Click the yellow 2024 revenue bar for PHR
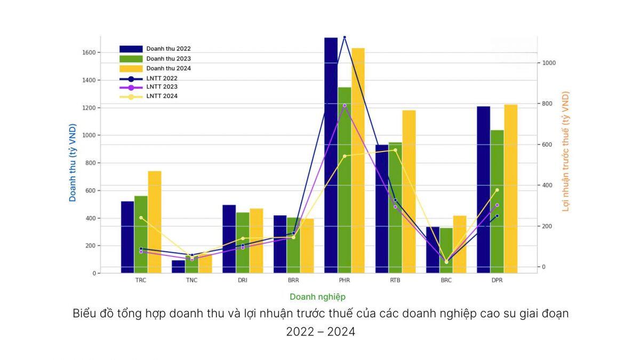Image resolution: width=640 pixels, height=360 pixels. [x=358, y=160]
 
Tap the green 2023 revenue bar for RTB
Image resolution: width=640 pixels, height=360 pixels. [x=395, y=208]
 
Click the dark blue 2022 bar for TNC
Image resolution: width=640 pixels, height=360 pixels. [x=178, y=267]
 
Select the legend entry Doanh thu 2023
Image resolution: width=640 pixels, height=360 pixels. [x=168, y=59]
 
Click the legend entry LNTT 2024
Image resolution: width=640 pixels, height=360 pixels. [x=162, y=97]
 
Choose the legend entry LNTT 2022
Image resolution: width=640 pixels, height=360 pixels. [x=162, y=78]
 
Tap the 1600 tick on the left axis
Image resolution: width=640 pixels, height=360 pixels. [x=89, y=53]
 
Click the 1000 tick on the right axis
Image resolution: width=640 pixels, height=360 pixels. [x=549, y=63]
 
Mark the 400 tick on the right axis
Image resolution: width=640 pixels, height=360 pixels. [x=547, y=186]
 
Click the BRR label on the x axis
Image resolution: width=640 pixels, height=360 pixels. [x=293, y=281]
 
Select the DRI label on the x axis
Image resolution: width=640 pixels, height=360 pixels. [x=243, y=281]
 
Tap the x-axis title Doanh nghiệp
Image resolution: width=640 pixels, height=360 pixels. [x=317, y=297]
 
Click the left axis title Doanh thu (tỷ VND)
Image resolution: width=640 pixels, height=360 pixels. [x=73, y=163]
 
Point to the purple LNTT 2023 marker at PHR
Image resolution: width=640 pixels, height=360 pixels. [x=345, y=106]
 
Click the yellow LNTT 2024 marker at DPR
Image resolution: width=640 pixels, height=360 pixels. [x=497, y=190]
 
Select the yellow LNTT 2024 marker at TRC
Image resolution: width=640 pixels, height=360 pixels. [x=141, y=218]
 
